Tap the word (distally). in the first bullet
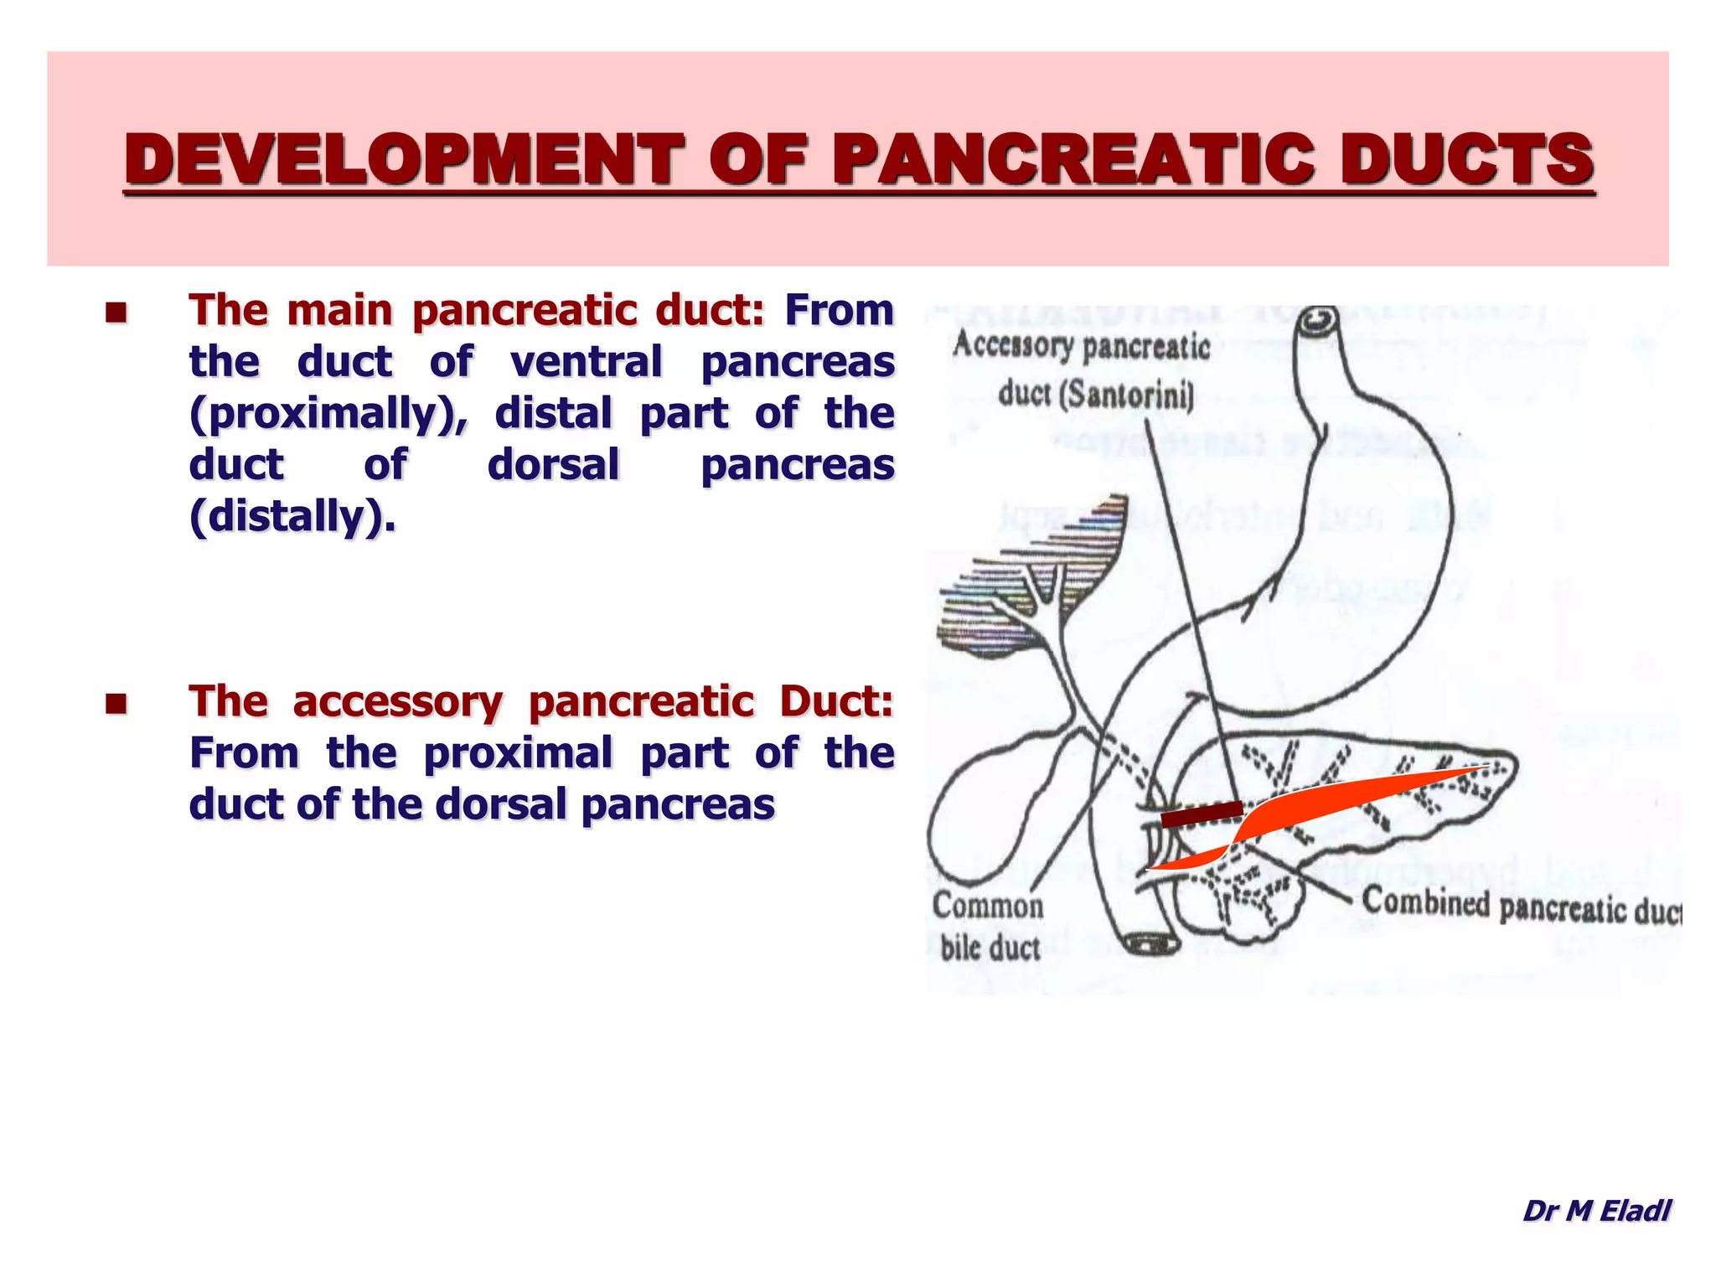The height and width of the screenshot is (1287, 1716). [x=292, y=516]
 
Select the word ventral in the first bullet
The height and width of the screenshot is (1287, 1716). [x=587, y=362]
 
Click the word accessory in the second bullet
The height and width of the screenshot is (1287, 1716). [x=397, y=701]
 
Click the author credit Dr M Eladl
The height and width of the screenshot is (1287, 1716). [x=1596, y=1210]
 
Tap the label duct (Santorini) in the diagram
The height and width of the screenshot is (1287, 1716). [x=1096, y=394]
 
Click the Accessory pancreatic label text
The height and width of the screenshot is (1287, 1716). [x=1081, y=345]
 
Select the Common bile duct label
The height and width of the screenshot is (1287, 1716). [x=989, y=927]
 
